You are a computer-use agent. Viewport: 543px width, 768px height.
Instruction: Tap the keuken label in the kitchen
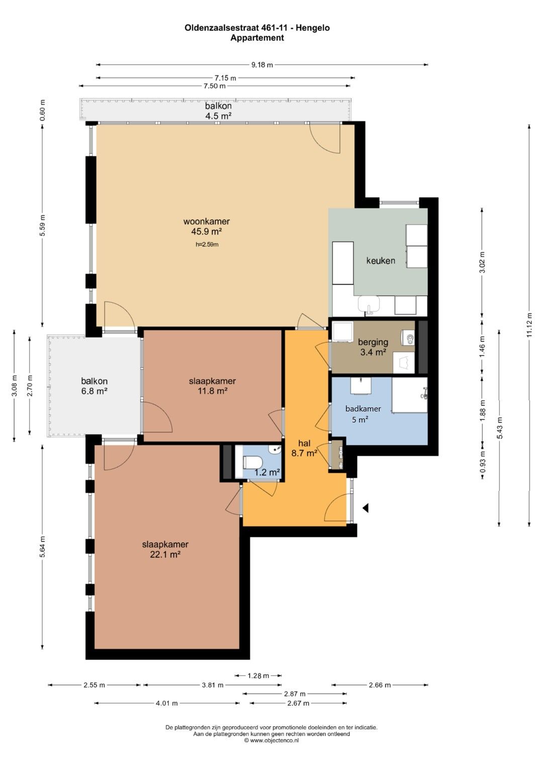(x=381, y=261)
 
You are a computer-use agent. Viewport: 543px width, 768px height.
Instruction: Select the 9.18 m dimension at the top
(x=262, y=64)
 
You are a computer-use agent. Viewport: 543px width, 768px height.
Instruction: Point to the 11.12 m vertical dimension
(x=529, y=325)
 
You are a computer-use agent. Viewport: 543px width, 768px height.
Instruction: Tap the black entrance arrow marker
(x=366, y=508)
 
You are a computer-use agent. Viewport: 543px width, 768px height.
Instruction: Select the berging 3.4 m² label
(x=373, y=347)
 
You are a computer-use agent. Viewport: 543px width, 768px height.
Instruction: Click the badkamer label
(x=363, y=409)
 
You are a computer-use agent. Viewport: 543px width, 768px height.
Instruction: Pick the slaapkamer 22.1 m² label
(x=165, y=549)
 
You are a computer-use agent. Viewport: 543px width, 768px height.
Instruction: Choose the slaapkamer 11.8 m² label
(x=212, y=386)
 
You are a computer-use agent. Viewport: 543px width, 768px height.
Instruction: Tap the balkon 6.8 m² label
(x=95, y=386)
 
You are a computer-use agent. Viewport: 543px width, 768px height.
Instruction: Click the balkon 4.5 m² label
(x=218, y=111)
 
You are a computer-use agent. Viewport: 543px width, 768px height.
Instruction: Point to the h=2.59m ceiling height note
(x=207, y=244)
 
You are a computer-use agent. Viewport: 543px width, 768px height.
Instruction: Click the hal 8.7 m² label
(x=304, y=449)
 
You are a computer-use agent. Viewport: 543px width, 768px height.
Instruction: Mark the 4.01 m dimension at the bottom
(x=166, y=703)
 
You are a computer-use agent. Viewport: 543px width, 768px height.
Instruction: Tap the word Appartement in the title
(x=257, y=38)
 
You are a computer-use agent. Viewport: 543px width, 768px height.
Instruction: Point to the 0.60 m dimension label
(x=42, y=110)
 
